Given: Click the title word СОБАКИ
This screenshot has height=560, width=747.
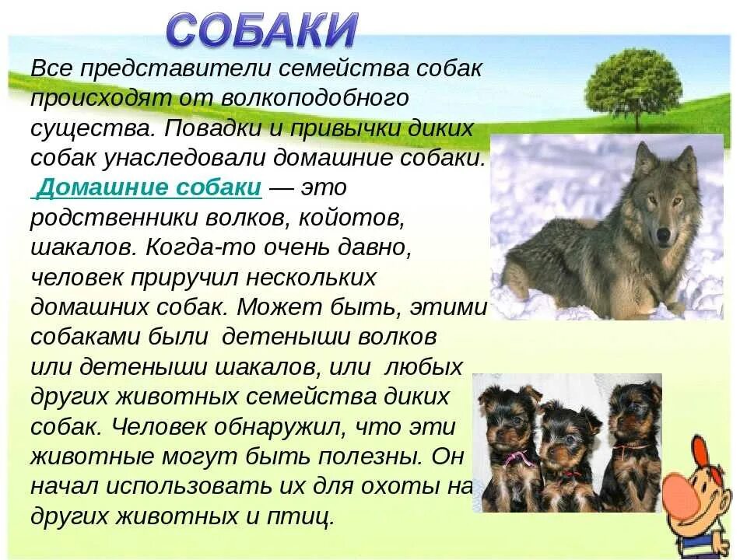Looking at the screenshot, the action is click(x=262, y=30).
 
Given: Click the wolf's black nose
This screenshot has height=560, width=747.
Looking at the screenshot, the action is click(x=662, y=233).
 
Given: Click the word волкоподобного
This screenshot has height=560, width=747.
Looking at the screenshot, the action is click(x=315, y=99).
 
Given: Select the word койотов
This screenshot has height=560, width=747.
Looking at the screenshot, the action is click(x=352, y=218).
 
